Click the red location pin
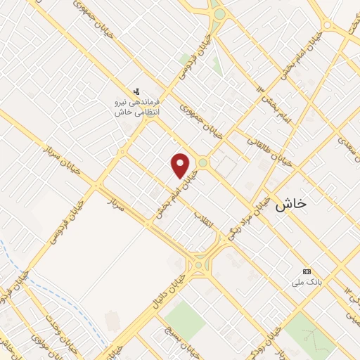tap(181, 165)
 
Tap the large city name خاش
tap(291, 203)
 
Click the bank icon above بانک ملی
tap(307, 271)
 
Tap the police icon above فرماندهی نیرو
tap(138, 91)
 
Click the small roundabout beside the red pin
tap(202, 163)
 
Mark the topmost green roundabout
tap(219, 14)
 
